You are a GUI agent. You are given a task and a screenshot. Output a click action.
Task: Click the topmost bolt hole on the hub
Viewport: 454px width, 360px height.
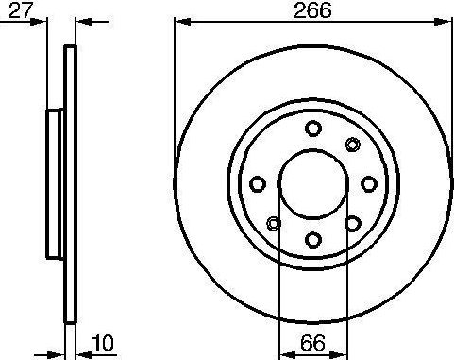tap(313, 129)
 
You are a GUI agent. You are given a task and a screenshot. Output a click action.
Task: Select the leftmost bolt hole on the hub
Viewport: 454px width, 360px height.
tap(258, 183)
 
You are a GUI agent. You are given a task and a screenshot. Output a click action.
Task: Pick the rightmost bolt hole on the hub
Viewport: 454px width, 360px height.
tap(369, 183)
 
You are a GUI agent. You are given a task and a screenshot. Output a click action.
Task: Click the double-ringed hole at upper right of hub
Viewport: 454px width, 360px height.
tap(353, 144)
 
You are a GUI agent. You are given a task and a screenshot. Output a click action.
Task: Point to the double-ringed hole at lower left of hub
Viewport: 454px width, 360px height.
tap(274, 223)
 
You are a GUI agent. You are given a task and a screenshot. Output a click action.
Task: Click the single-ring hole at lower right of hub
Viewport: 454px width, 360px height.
tap(353, 223)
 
